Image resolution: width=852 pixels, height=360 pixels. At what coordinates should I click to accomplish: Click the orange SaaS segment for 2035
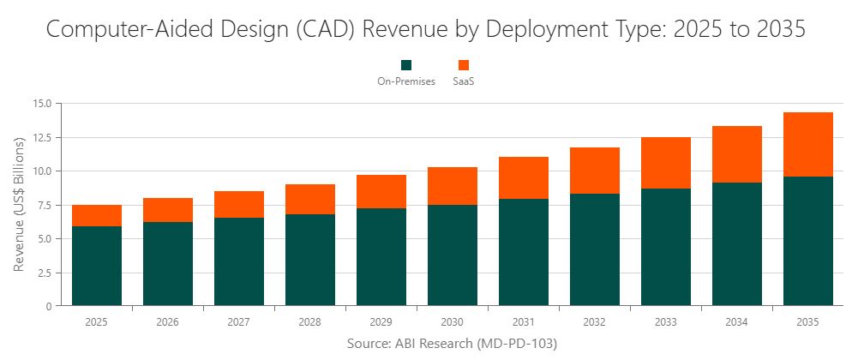[807, 144]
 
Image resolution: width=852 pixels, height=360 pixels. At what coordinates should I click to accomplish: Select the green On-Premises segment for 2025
[97, 266]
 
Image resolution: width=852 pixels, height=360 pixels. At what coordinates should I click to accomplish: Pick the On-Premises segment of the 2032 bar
[595, 249]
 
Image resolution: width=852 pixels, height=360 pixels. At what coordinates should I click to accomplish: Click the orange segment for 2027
[239, 204]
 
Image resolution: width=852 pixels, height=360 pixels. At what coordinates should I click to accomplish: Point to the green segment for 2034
[737, 243]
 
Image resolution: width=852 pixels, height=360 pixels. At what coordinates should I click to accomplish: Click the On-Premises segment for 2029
[381, 256]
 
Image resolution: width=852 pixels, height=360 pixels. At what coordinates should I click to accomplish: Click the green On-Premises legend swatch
[406, 65]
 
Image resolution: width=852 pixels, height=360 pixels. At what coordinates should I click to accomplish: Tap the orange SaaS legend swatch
[464, 65]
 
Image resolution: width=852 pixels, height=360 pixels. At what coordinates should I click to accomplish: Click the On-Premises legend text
[406, 81]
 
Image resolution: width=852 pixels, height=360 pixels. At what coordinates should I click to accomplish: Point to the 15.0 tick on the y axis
[42, 104]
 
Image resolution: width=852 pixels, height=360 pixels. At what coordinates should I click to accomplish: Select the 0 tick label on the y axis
[49, 306]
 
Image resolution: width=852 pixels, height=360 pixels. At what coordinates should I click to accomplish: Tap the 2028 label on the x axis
[310, 322]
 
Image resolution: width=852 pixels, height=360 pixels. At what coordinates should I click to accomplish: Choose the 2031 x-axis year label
[524, 322]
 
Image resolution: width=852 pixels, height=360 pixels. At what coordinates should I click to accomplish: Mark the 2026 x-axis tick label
[168, 322]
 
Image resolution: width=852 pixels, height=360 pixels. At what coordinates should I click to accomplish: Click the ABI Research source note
[452, 344]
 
